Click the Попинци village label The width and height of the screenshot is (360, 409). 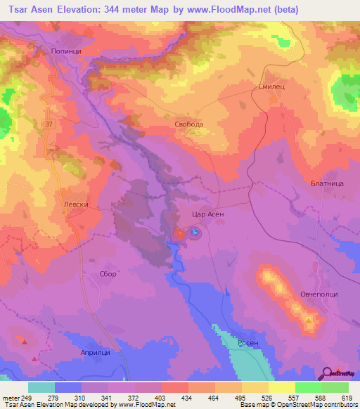67,51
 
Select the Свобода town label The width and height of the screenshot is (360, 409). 189,124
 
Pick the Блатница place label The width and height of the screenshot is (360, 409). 326,183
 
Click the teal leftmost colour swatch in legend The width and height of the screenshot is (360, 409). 41,387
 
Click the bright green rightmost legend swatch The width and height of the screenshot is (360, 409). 335,387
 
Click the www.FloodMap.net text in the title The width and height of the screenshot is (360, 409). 229,10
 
